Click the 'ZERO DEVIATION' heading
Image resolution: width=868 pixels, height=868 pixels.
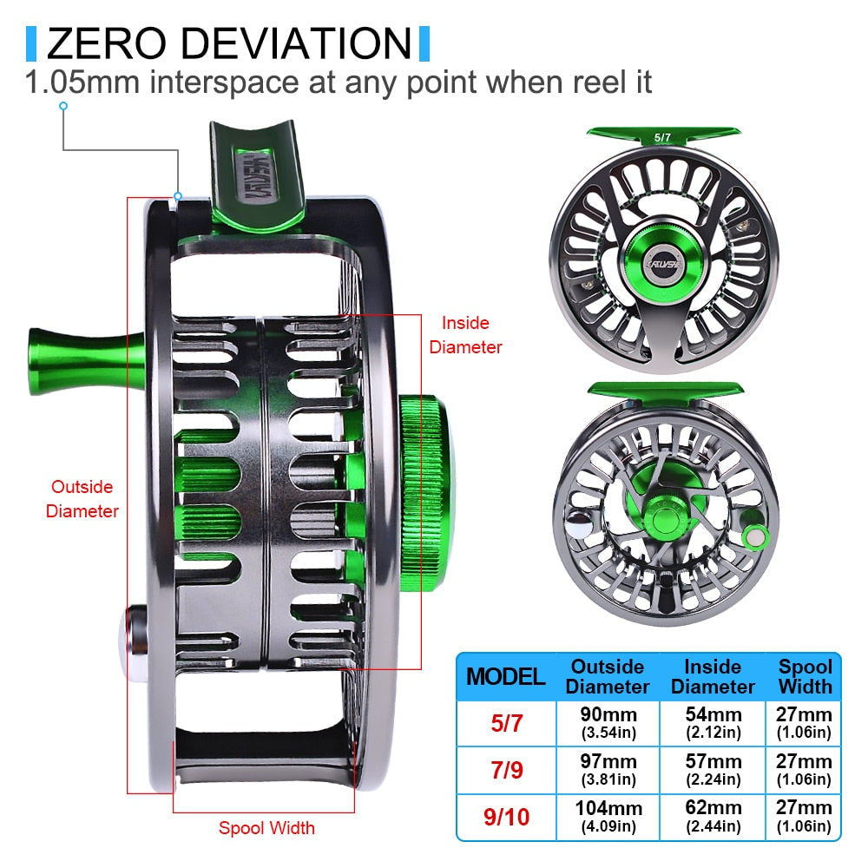(x=228, y=43)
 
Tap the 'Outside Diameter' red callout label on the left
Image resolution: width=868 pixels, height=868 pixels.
(x=82, y=499)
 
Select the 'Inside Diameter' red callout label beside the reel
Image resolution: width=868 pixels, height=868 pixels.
(x=465, y=335)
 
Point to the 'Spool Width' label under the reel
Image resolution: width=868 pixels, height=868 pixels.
(x=266, y=827)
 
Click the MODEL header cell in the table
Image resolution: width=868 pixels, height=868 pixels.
(x=506, y=676)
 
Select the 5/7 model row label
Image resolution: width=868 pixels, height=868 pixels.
(x=506, y=723)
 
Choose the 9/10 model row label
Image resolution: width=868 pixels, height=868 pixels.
(x=506, y=817)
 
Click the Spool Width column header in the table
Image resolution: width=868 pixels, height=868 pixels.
(x=805, y=676)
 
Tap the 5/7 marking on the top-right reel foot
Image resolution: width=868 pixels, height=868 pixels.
(x=664, y=137)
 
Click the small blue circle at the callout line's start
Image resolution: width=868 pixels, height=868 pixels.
(x=62, y=106)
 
